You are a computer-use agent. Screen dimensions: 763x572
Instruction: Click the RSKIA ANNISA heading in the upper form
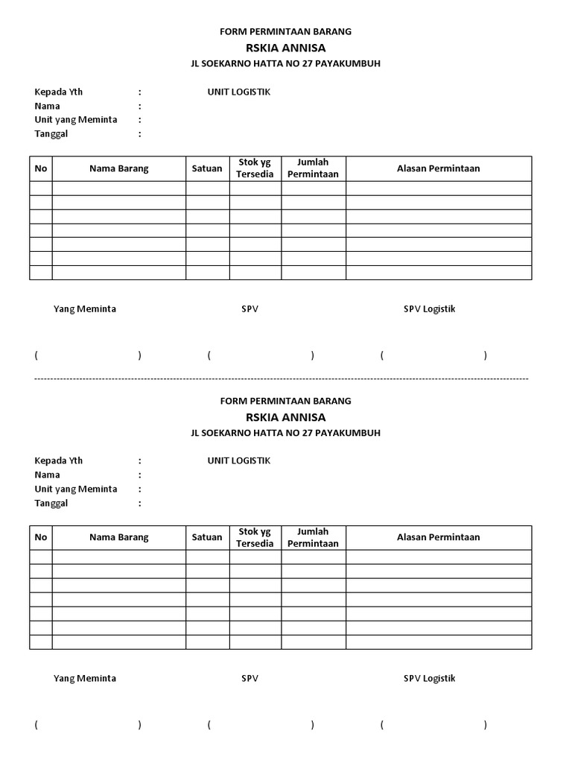285,48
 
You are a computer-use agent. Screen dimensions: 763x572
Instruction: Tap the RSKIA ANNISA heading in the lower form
285,417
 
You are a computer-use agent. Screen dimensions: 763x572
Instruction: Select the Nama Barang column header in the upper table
118,168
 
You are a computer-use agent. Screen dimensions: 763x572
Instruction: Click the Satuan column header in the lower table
207,537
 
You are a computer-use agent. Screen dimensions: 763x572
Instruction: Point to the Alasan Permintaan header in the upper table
438,168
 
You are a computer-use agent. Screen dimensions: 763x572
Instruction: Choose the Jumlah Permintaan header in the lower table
313,537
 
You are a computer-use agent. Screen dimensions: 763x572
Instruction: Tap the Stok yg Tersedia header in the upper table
255,168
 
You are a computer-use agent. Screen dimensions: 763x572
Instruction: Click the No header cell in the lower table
41,537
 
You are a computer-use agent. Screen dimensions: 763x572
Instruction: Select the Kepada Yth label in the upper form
59,92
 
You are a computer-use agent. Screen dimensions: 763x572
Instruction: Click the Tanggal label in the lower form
51,503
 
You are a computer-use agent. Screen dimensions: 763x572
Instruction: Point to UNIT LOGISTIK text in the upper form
238,92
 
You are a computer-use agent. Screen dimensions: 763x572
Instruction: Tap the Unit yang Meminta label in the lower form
76,489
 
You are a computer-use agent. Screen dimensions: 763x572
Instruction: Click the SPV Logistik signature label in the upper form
429,309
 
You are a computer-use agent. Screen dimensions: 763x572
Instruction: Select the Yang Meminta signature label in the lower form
84,678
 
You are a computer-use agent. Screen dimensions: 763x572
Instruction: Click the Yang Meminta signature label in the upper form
84,309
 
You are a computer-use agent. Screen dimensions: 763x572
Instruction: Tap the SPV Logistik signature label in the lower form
429,678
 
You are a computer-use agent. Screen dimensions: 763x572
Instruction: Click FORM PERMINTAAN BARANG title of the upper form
285,32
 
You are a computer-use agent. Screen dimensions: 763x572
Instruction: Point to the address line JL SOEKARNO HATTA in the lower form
285,433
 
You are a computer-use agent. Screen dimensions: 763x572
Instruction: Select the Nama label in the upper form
47,106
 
